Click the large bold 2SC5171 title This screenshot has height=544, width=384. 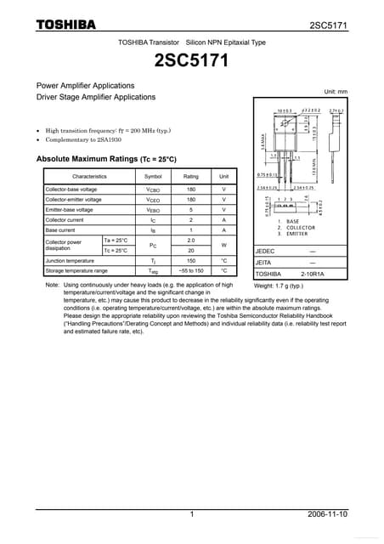[191, 60]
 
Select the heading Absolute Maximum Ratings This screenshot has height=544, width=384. [106, 159]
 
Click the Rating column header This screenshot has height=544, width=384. [190, 176]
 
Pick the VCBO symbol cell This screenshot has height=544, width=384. [153, 189]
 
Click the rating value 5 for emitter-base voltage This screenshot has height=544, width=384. [190, 209]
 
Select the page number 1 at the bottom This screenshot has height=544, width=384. [192, 514]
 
